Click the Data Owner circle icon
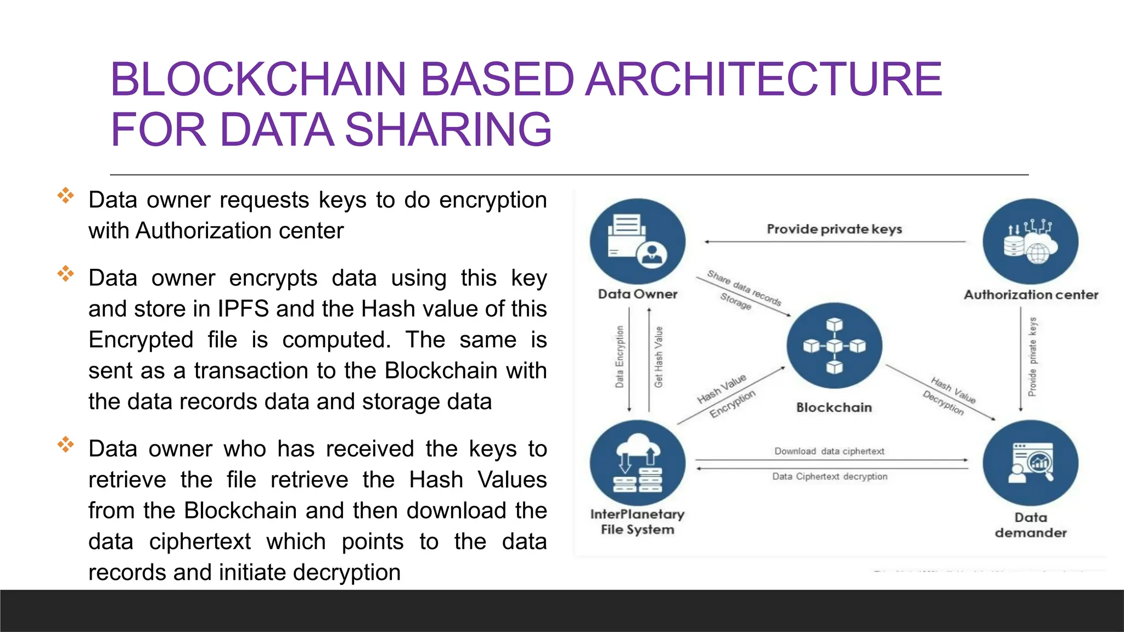click(637, 241)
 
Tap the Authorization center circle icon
click(1030, 242)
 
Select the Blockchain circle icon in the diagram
click(834, 346)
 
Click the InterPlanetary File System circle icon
click(637, 463)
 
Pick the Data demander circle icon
click(1030, 463)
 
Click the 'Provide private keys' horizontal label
click(834, 229)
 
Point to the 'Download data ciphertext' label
click(829, 451)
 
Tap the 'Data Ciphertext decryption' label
click(829, 476)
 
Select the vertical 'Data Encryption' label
click(620, 357)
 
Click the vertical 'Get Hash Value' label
click(659, 357)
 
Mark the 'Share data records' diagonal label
click(744, 287)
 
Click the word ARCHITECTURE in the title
click(763, 80)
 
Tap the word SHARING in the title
click(448, 129)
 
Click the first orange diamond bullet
click(65, 195)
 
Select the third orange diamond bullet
click(65, 444)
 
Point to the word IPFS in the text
click(243, 309)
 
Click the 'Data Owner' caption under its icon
click(637, 294)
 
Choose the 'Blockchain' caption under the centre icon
click(834, 407)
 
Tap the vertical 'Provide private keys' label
click(1032, 357)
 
